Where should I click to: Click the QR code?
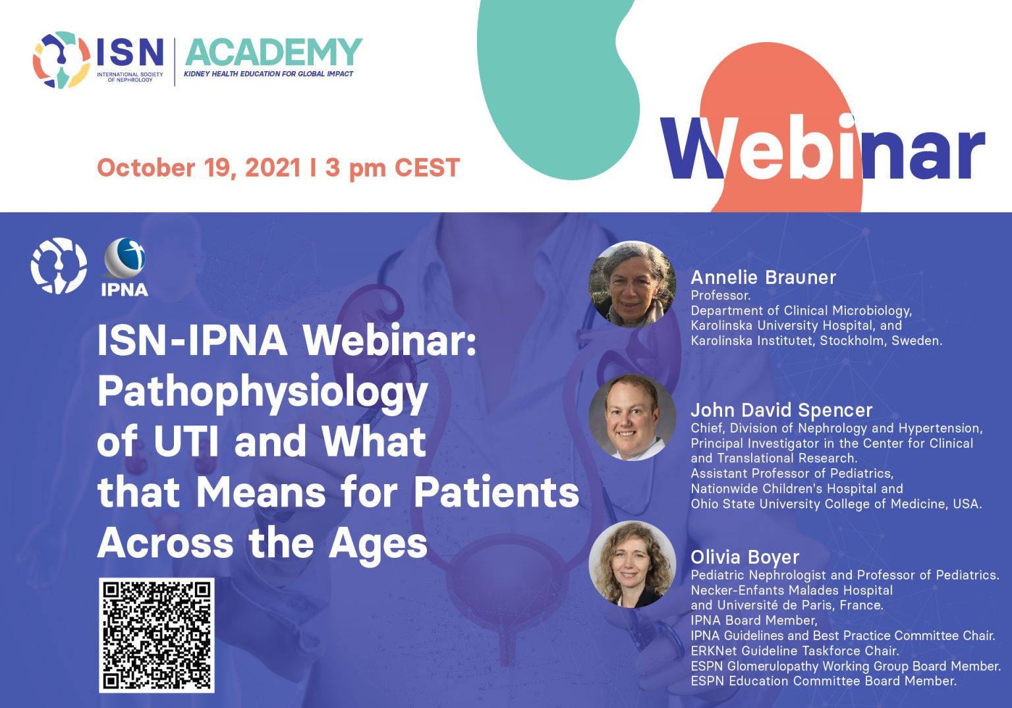(x=157, y=635)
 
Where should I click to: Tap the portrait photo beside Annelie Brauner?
(x=632, y=284)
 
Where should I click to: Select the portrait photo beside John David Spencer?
(x=632, y=418)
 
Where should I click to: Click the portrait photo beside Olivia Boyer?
(x=632, y=564)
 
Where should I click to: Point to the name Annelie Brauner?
(x=763, y=277)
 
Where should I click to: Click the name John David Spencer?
(x=781, y=410)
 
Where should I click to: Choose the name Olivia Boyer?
(x=745, y=557)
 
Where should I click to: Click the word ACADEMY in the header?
(x=273, y=53)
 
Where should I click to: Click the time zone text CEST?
(x=427, y=168)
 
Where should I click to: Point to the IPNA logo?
(x=125, y=267)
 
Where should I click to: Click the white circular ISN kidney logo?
(x=59, y=265)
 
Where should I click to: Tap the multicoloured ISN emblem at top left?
(x=61, y=59)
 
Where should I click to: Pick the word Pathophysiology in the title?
(x=262, y=391)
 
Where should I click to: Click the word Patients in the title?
(x=496, y=493)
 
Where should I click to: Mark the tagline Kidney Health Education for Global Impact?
(x=268, y=74)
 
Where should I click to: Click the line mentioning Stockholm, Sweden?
(x=816, y=340)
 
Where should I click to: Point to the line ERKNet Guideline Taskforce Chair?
(x=795, y=651)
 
